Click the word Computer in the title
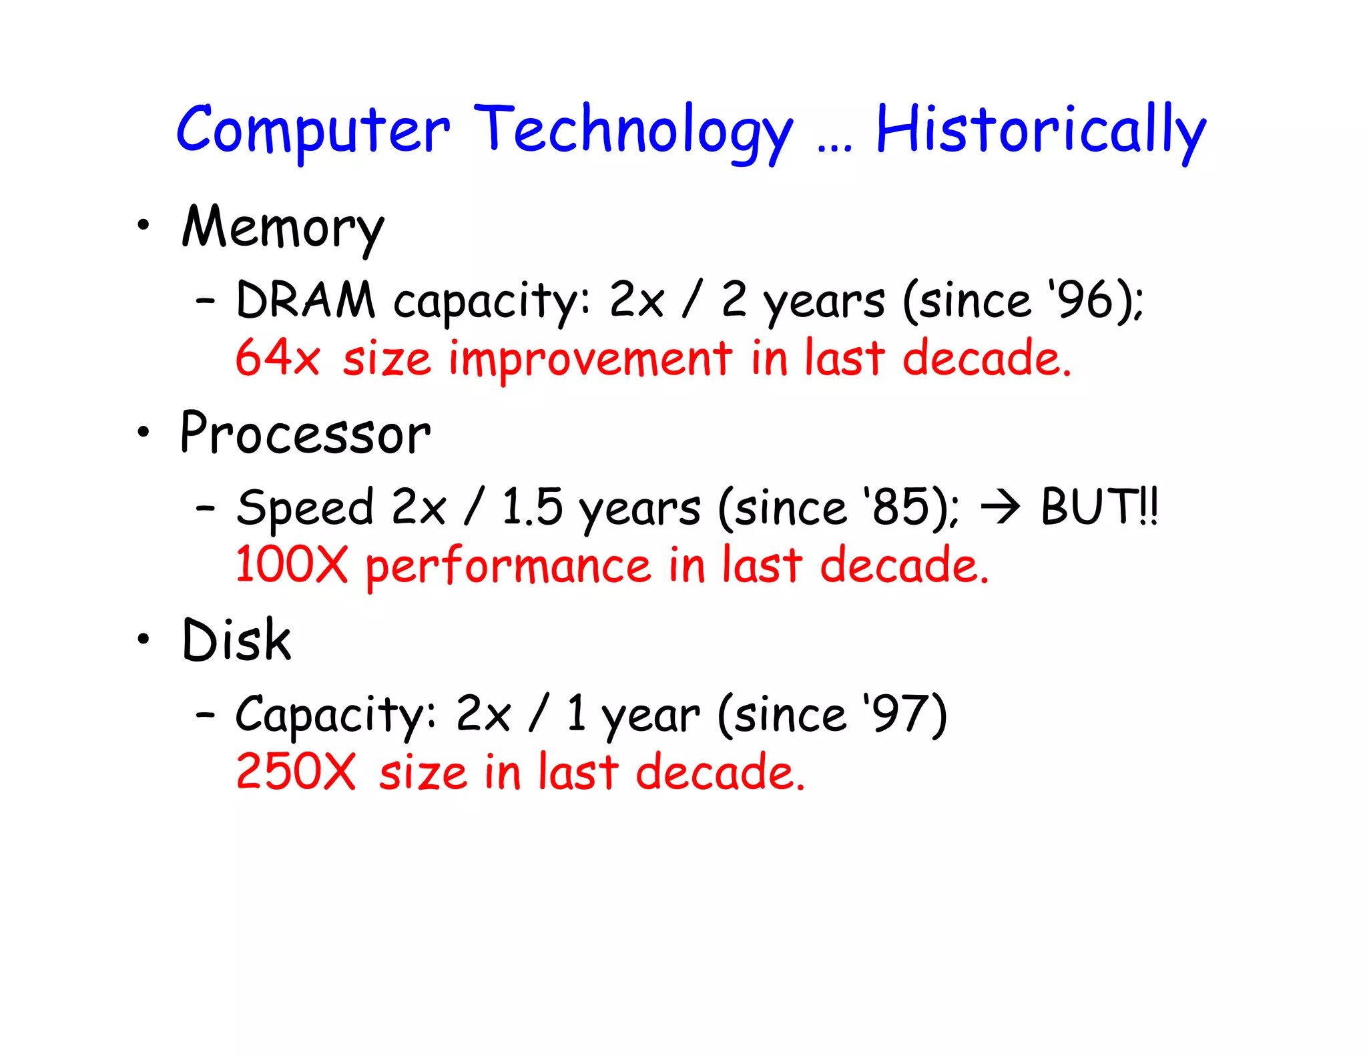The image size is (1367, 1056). point(312,131)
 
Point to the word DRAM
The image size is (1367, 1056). point(306,300)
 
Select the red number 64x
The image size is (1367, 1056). point(278,358)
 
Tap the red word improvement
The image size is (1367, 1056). point(590,358)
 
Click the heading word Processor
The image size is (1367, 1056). point(306,435)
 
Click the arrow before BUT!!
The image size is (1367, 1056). point(999,507)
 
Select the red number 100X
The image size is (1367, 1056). point(292,565)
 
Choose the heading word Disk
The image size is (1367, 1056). point(236,641)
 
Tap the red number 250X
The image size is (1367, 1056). point(296,772)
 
